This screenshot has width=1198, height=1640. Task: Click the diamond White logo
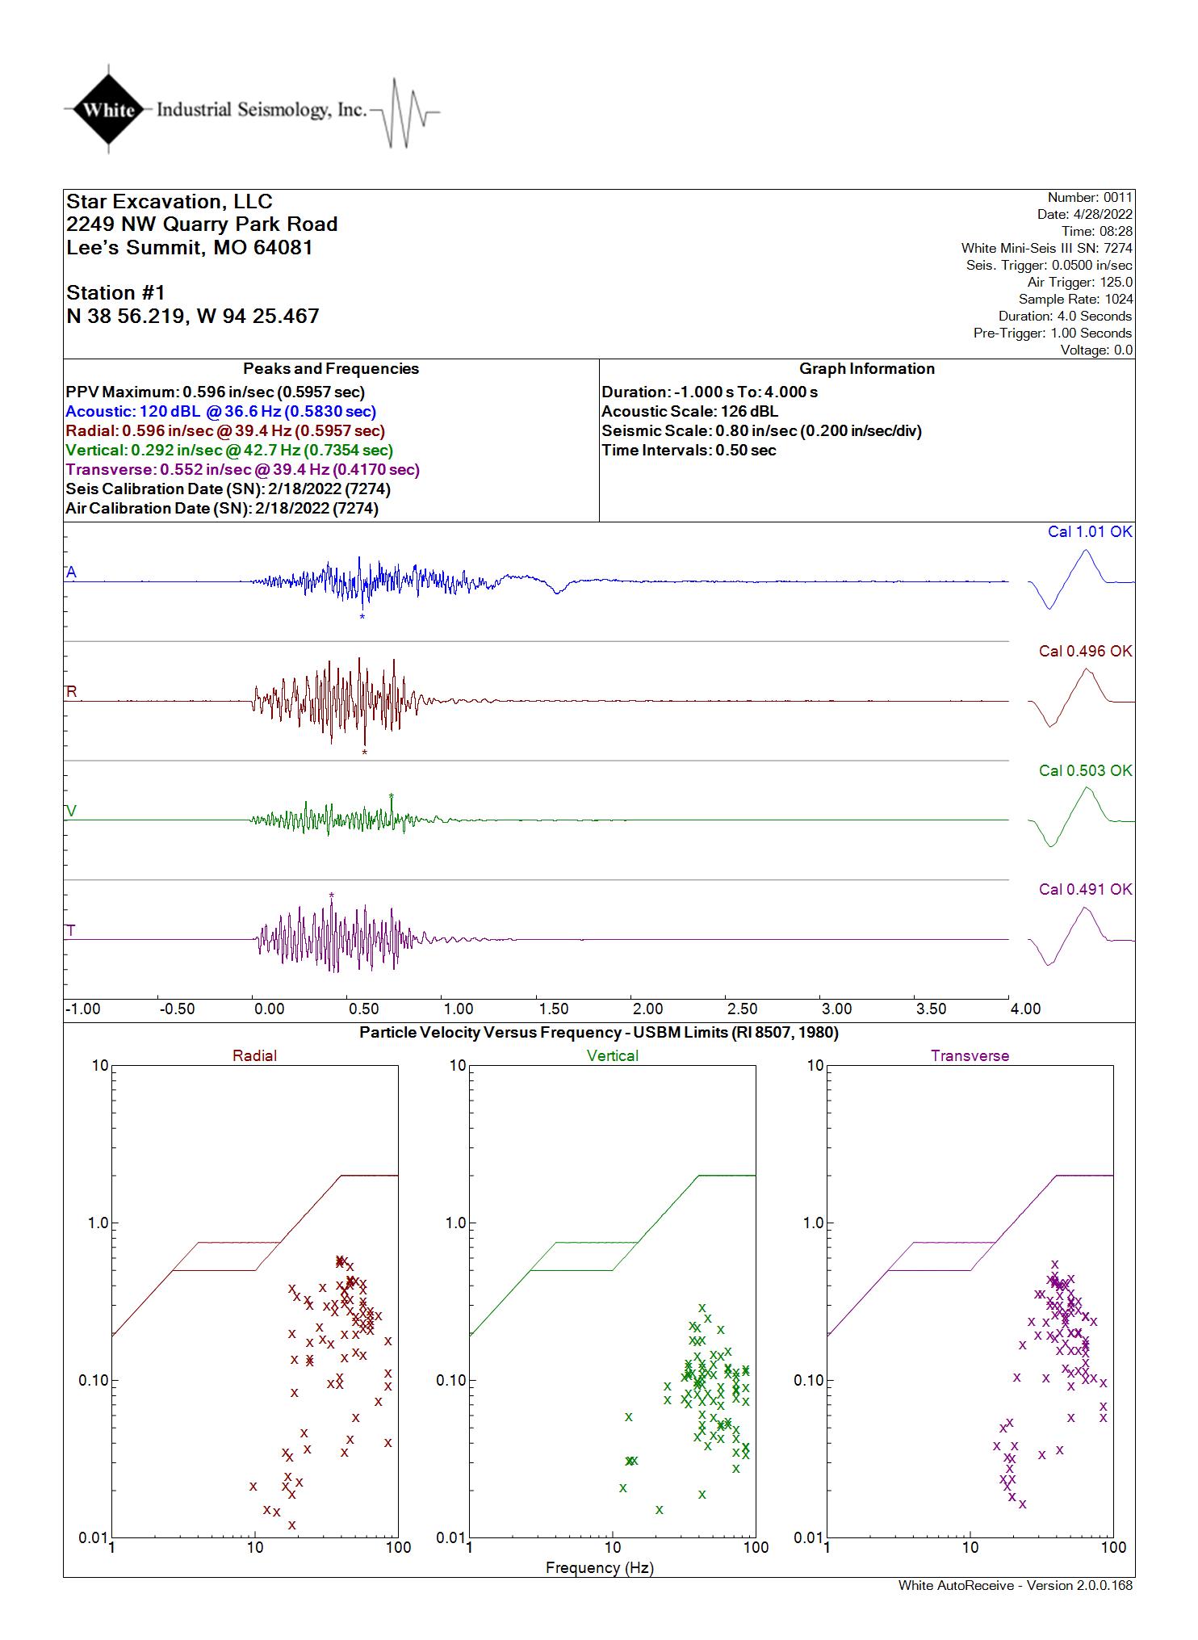click(x=109, y=109)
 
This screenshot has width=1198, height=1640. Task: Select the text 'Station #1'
click(x=115, y=292)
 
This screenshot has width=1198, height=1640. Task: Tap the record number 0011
click(x=1117, y=197)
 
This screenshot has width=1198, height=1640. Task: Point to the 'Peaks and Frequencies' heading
click(x=331, y=368)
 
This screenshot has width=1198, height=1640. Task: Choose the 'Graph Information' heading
click(x=867, y=368)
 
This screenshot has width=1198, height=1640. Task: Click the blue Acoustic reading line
click(x=221, y=411)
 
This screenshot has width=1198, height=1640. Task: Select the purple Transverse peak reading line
click(x=243, y=469)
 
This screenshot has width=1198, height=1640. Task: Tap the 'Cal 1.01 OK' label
click(x=1090, y=531)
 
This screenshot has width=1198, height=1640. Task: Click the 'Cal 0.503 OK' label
click(x=1086, y=770)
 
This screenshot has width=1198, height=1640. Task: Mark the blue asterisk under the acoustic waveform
click(x=362, y=618)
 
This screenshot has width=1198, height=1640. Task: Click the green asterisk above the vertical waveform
click(x=392, y=796)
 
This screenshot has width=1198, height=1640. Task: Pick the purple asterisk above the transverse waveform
click(x=332, y=895)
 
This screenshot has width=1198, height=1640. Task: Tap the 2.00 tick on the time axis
click(x=647, y=1009)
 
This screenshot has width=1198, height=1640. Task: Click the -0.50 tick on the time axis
click(x=177, y=1009)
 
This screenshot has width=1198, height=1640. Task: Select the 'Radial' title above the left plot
click(x=254, y=1055)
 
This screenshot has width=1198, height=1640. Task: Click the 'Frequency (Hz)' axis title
click(x=600, y=1567)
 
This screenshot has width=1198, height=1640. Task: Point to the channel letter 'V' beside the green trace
click(x=71, y=811)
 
